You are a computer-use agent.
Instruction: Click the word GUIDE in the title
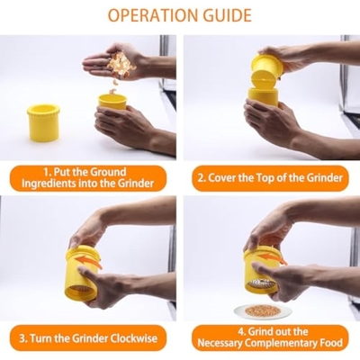click(x=226, y=15)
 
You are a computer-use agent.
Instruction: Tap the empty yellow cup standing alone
click(x=43, y=122)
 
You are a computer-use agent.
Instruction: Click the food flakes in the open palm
click(x=121, y=65)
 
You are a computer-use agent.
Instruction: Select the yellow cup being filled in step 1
click(x=112, y=102)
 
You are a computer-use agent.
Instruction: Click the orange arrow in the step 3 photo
click(x=89, y=261)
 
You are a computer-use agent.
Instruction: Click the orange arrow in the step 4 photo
click(x=272, y=258)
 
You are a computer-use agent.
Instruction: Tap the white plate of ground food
click(x=262, y=310)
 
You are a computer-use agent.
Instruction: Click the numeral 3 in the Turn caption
click(x=22, y=338)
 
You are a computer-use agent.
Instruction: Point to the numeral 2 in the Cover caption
click(x=201, y=178)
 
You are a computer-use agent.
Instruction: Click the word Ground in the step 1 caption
click(x=108, y=172)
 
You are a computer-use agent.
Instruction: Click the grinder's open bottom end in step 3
click(x=81, y=290)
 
